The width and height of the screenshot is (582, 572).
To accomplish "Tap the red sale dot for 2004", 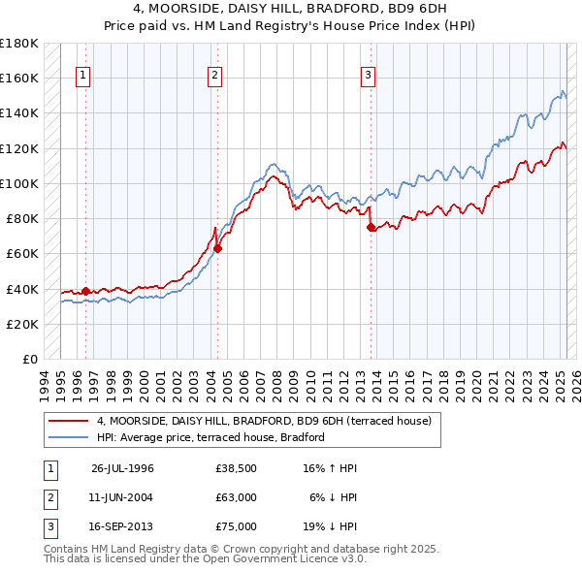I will pos(217,248).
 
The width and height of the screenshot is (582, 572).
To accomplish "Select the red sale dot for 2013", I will pos(371,228).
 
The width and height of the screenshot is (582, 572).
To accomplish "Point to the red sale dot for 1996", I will pos(85,291).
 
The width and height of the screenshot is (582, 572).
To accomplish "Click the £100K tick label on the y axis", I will pos(19,183).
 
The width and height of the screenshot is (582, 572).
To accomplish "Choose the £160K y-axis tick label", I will pos(19,78).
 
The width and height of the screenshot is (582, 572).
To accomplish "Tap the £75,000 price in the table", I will pos(236,526).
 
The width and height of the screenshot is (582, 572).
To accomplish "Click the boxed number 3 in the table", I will pos(48,526).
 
